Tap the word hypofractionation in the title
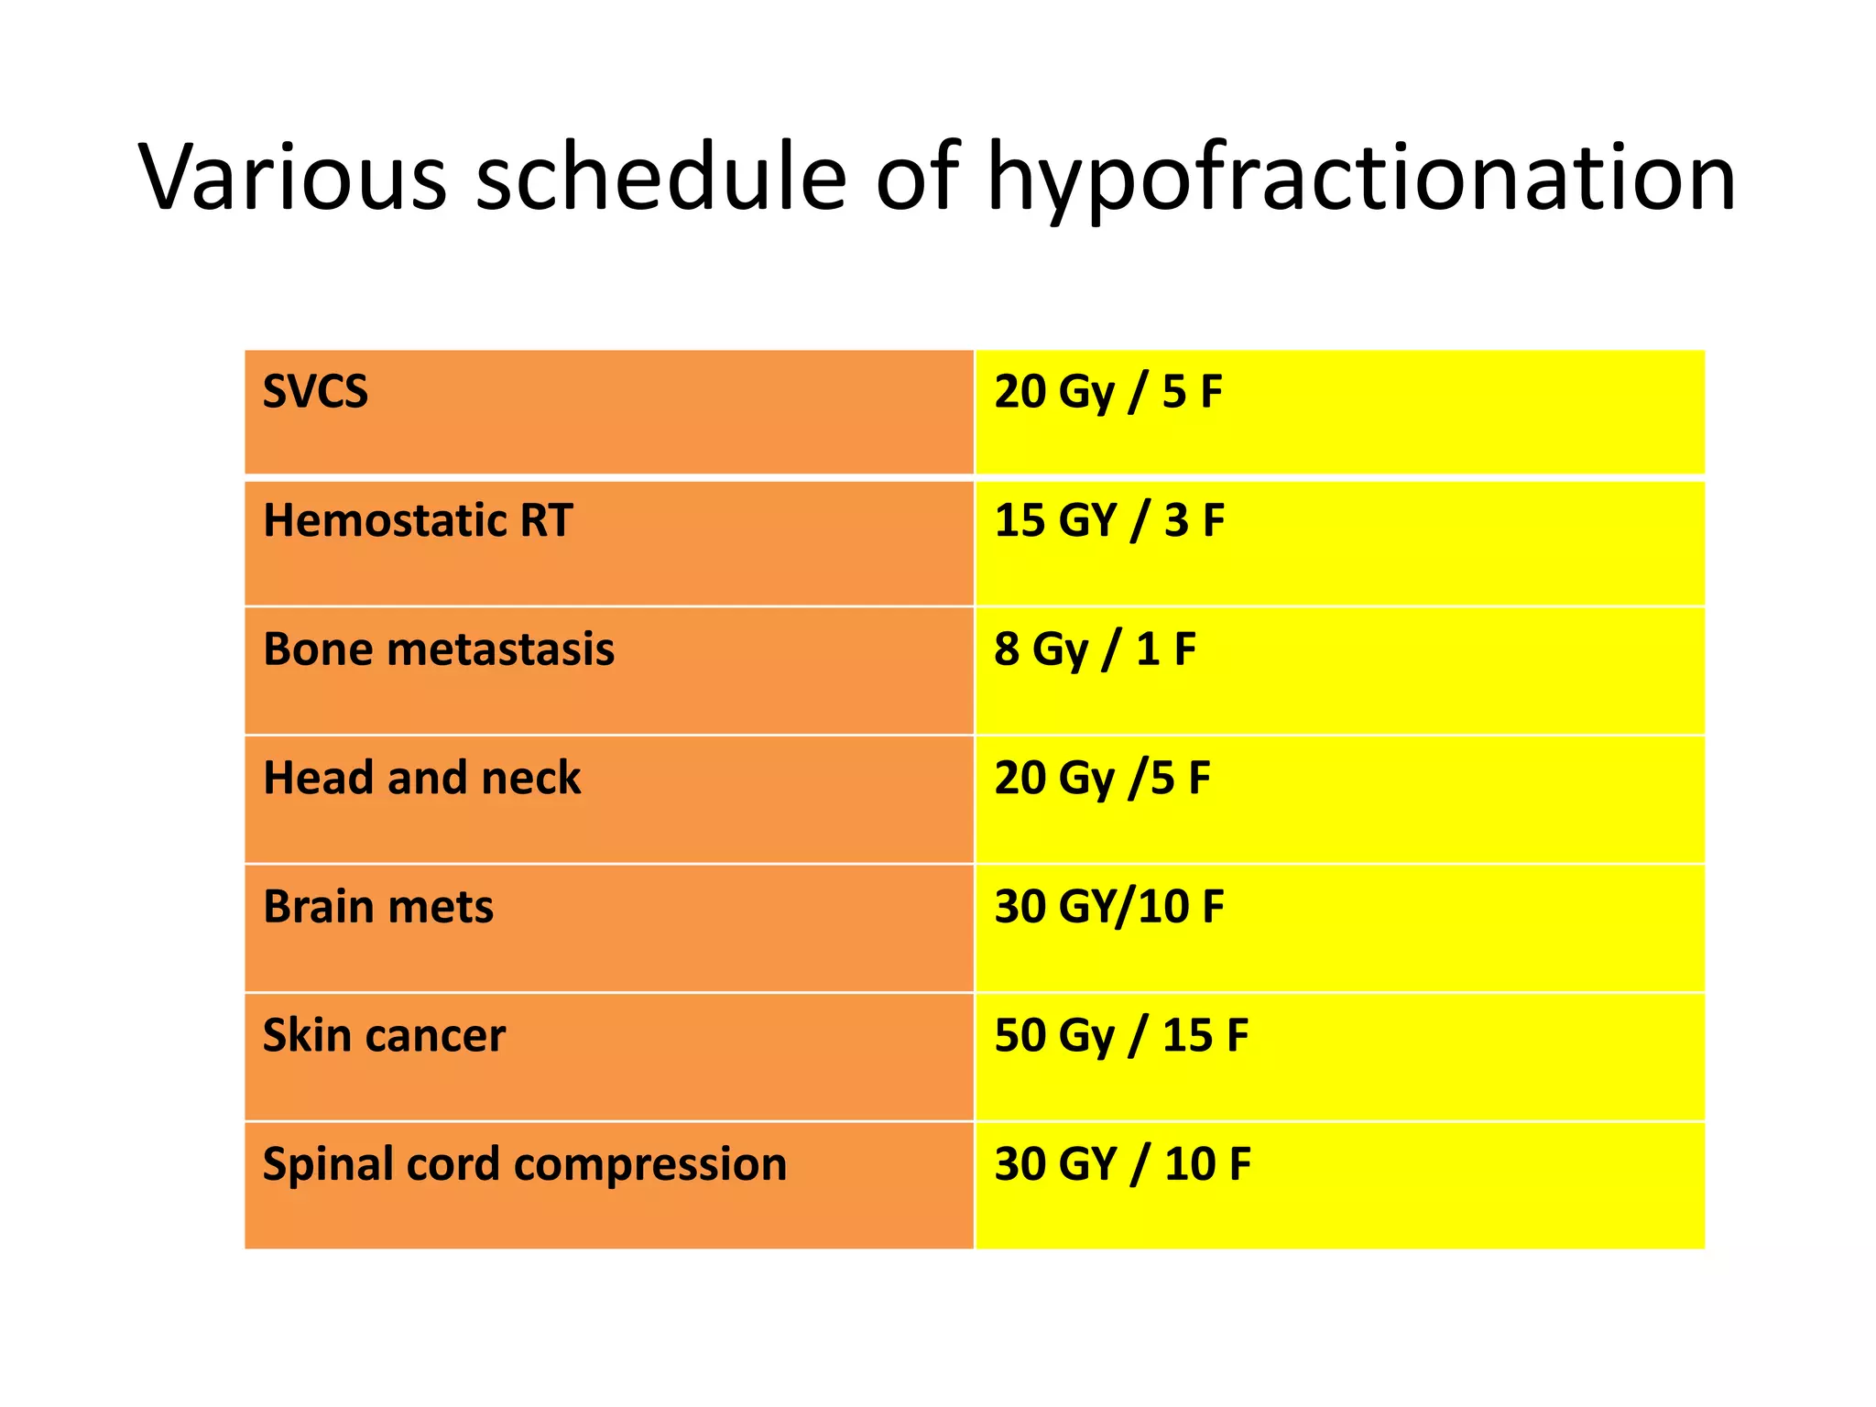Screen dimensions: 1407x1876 pos(1360,179)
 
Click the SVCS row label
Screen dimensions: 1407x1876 pos(315,392)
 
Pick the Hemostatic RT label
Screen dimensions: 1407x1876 pos(418,520)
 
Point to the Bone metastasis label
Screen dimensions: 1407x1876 pos(438,649)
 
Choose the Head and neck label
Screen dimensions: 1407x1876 pos(421,778)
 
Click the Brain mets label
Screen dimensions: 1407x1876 pos(377,907)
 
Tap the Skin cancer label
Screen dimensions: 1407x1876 pos(384,1036)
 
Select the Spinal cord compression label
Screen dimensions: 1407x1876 pos(524,1164)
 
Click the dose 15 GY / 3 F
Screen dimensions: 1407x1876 pos(1109,520)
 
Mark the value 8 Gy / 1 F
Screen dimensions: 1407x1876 pos(1095,649)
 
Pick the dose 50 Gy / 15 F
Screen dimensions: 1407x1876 pos(1121,1036)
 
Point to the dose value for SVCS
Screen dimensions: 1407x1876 pos(1108,392)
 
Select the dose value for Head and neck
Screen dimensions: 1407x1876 pos(1102,778)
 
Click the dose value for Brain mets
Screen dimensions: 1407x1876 pos(1109,907)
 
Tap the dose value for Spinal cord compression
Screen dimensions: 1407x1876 pos(1122,1164)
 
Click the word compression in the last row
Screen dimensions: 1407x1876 pos(650,1165)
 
